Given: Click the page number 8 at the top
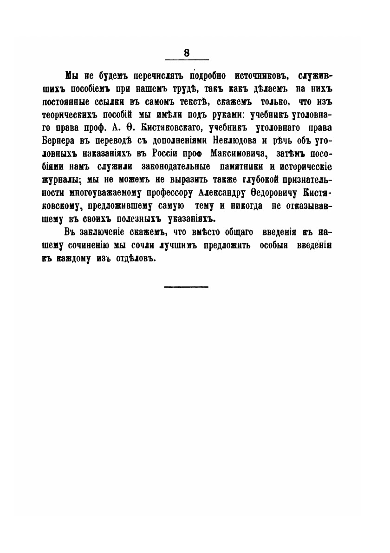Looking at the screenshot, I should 187,52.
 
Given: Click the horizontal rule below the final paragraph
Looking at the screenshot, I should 186,286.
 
